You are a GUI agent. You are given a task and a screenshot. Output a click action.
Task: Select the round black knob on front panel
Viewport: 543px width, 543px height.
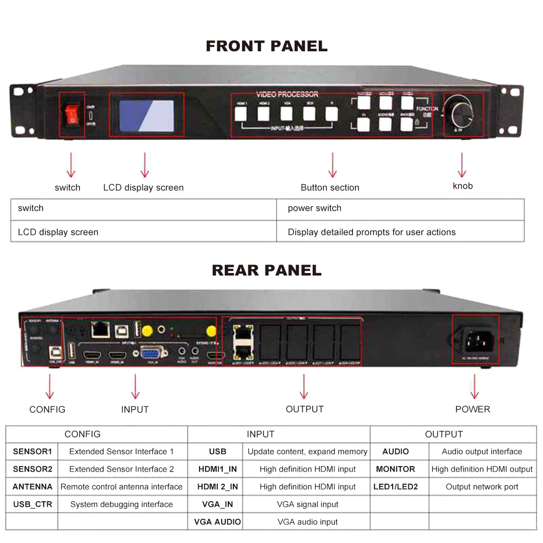[x=462, y=115]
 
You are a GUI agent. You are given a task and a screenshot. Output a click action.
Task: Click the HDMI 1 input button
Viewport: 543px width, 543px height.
[x=242, y=114]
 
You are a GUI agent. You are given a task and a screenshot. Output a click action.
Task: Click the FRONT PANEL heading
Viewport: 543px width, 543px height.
[x=266, y=46]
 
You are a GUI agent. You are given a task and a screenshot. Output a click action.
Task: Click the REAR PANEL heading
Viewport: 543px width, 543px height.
[x=266, y=270]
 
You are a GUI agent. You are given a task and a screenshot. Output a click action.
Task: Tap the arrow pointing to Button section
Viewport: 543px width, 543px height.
[x=332, y=165]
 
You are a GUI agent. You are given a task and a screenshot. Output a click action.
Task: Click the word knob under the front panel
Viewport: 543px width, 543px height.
[x=463, y=186]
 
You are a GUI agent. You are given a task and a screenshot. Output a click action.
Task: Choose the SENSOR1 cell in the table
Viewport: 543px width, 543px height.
[x=32, y=451]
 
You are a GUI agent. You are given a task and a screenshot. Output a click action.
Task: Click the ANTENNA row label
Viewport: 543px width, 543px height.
[x=32, y=487]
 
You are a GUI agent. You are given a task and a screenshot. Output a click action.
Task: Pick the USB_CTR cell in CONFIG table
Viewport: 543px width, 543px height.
[x=32, y=504]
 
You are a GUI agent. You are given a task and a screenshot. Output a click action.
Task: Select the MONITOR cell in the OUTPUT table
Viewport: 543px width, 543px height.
[x=395, y=469]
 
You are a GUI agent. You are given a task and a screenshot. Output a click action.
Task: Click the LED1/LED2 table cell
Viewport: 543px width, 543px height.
[x=395, y=487]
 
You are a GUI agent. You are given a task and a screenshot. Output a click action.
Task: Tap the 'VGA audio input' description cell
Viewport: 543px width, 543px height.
[x=307, y=522]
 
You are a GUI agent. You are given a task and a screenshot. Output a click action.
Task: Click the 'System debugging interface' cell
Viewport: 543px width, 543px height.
[x=121, y=504]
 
